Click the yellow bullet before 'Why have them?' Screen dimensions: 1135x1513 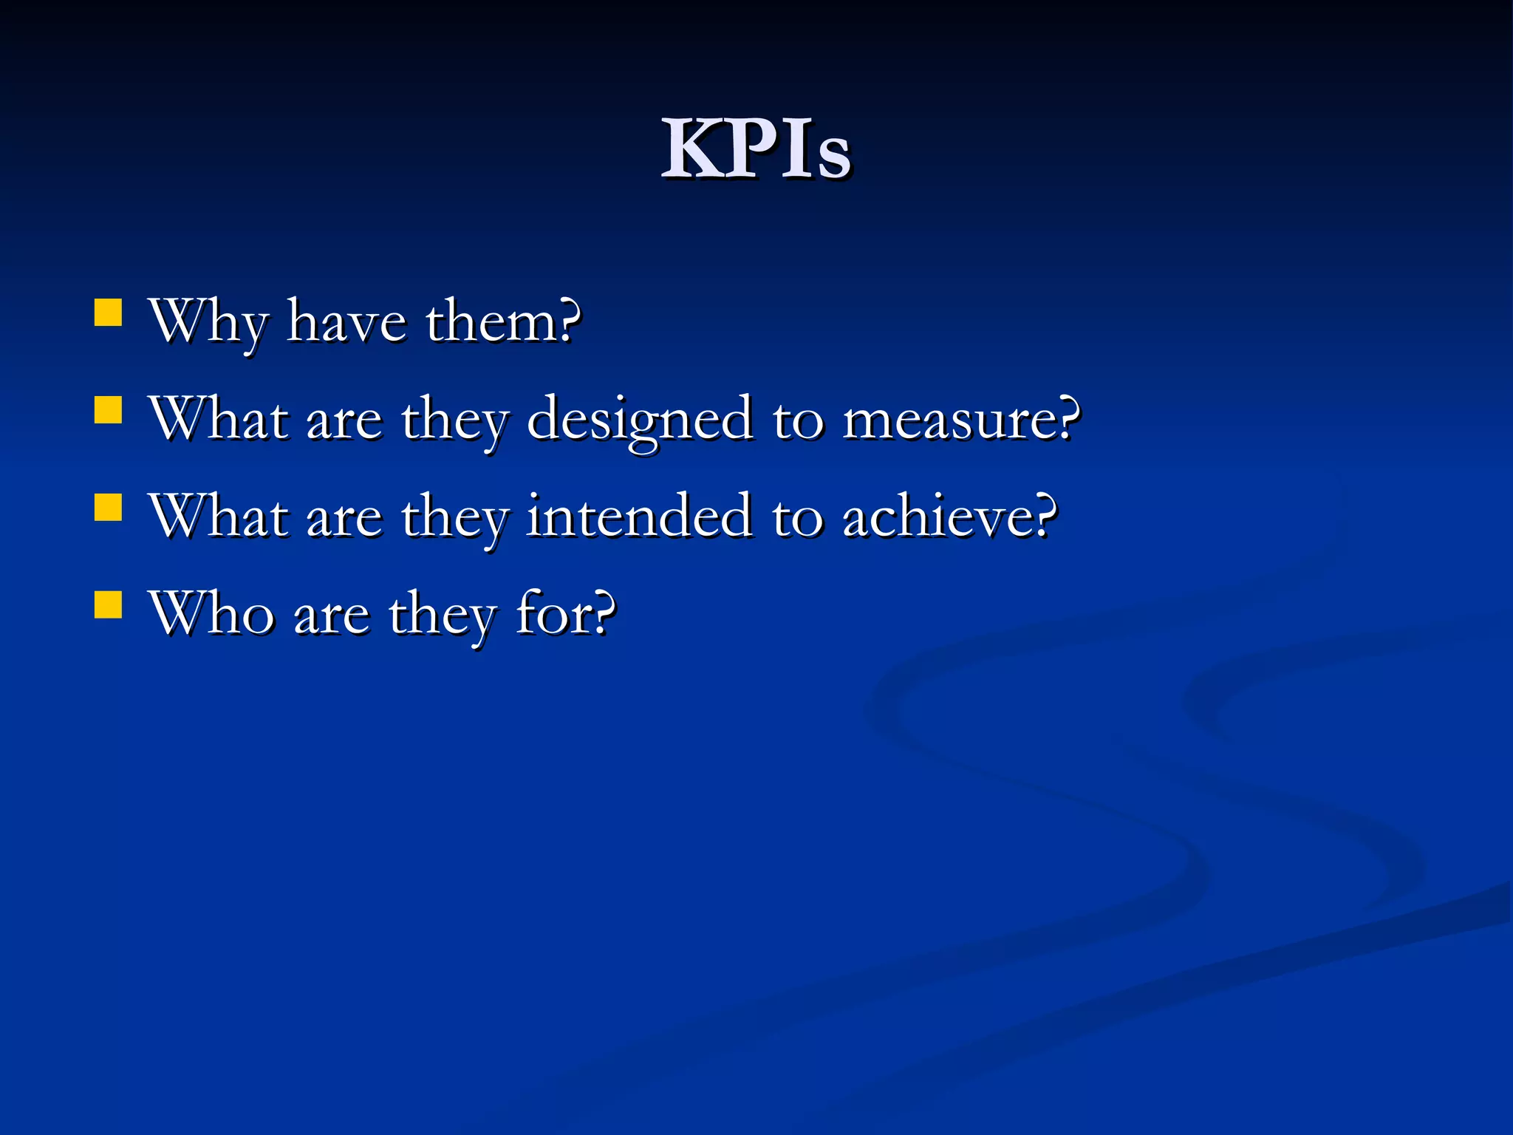click(108, 313)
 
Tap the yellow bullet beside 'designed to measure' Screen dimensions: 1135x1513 click(108, 410)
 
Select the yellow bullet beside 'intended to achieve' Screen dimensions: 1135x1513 click(108, 508)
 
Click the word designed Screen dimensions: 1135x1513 click(641, 420)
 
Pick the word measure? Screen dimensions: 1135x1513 click(961, 419)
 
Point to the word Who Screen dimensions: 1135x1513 click(211, 613)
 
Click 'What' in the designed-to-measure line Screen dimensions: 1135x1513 click(219, 419)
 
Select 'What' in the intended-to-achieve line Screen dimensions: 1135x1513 click(219, 516)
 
